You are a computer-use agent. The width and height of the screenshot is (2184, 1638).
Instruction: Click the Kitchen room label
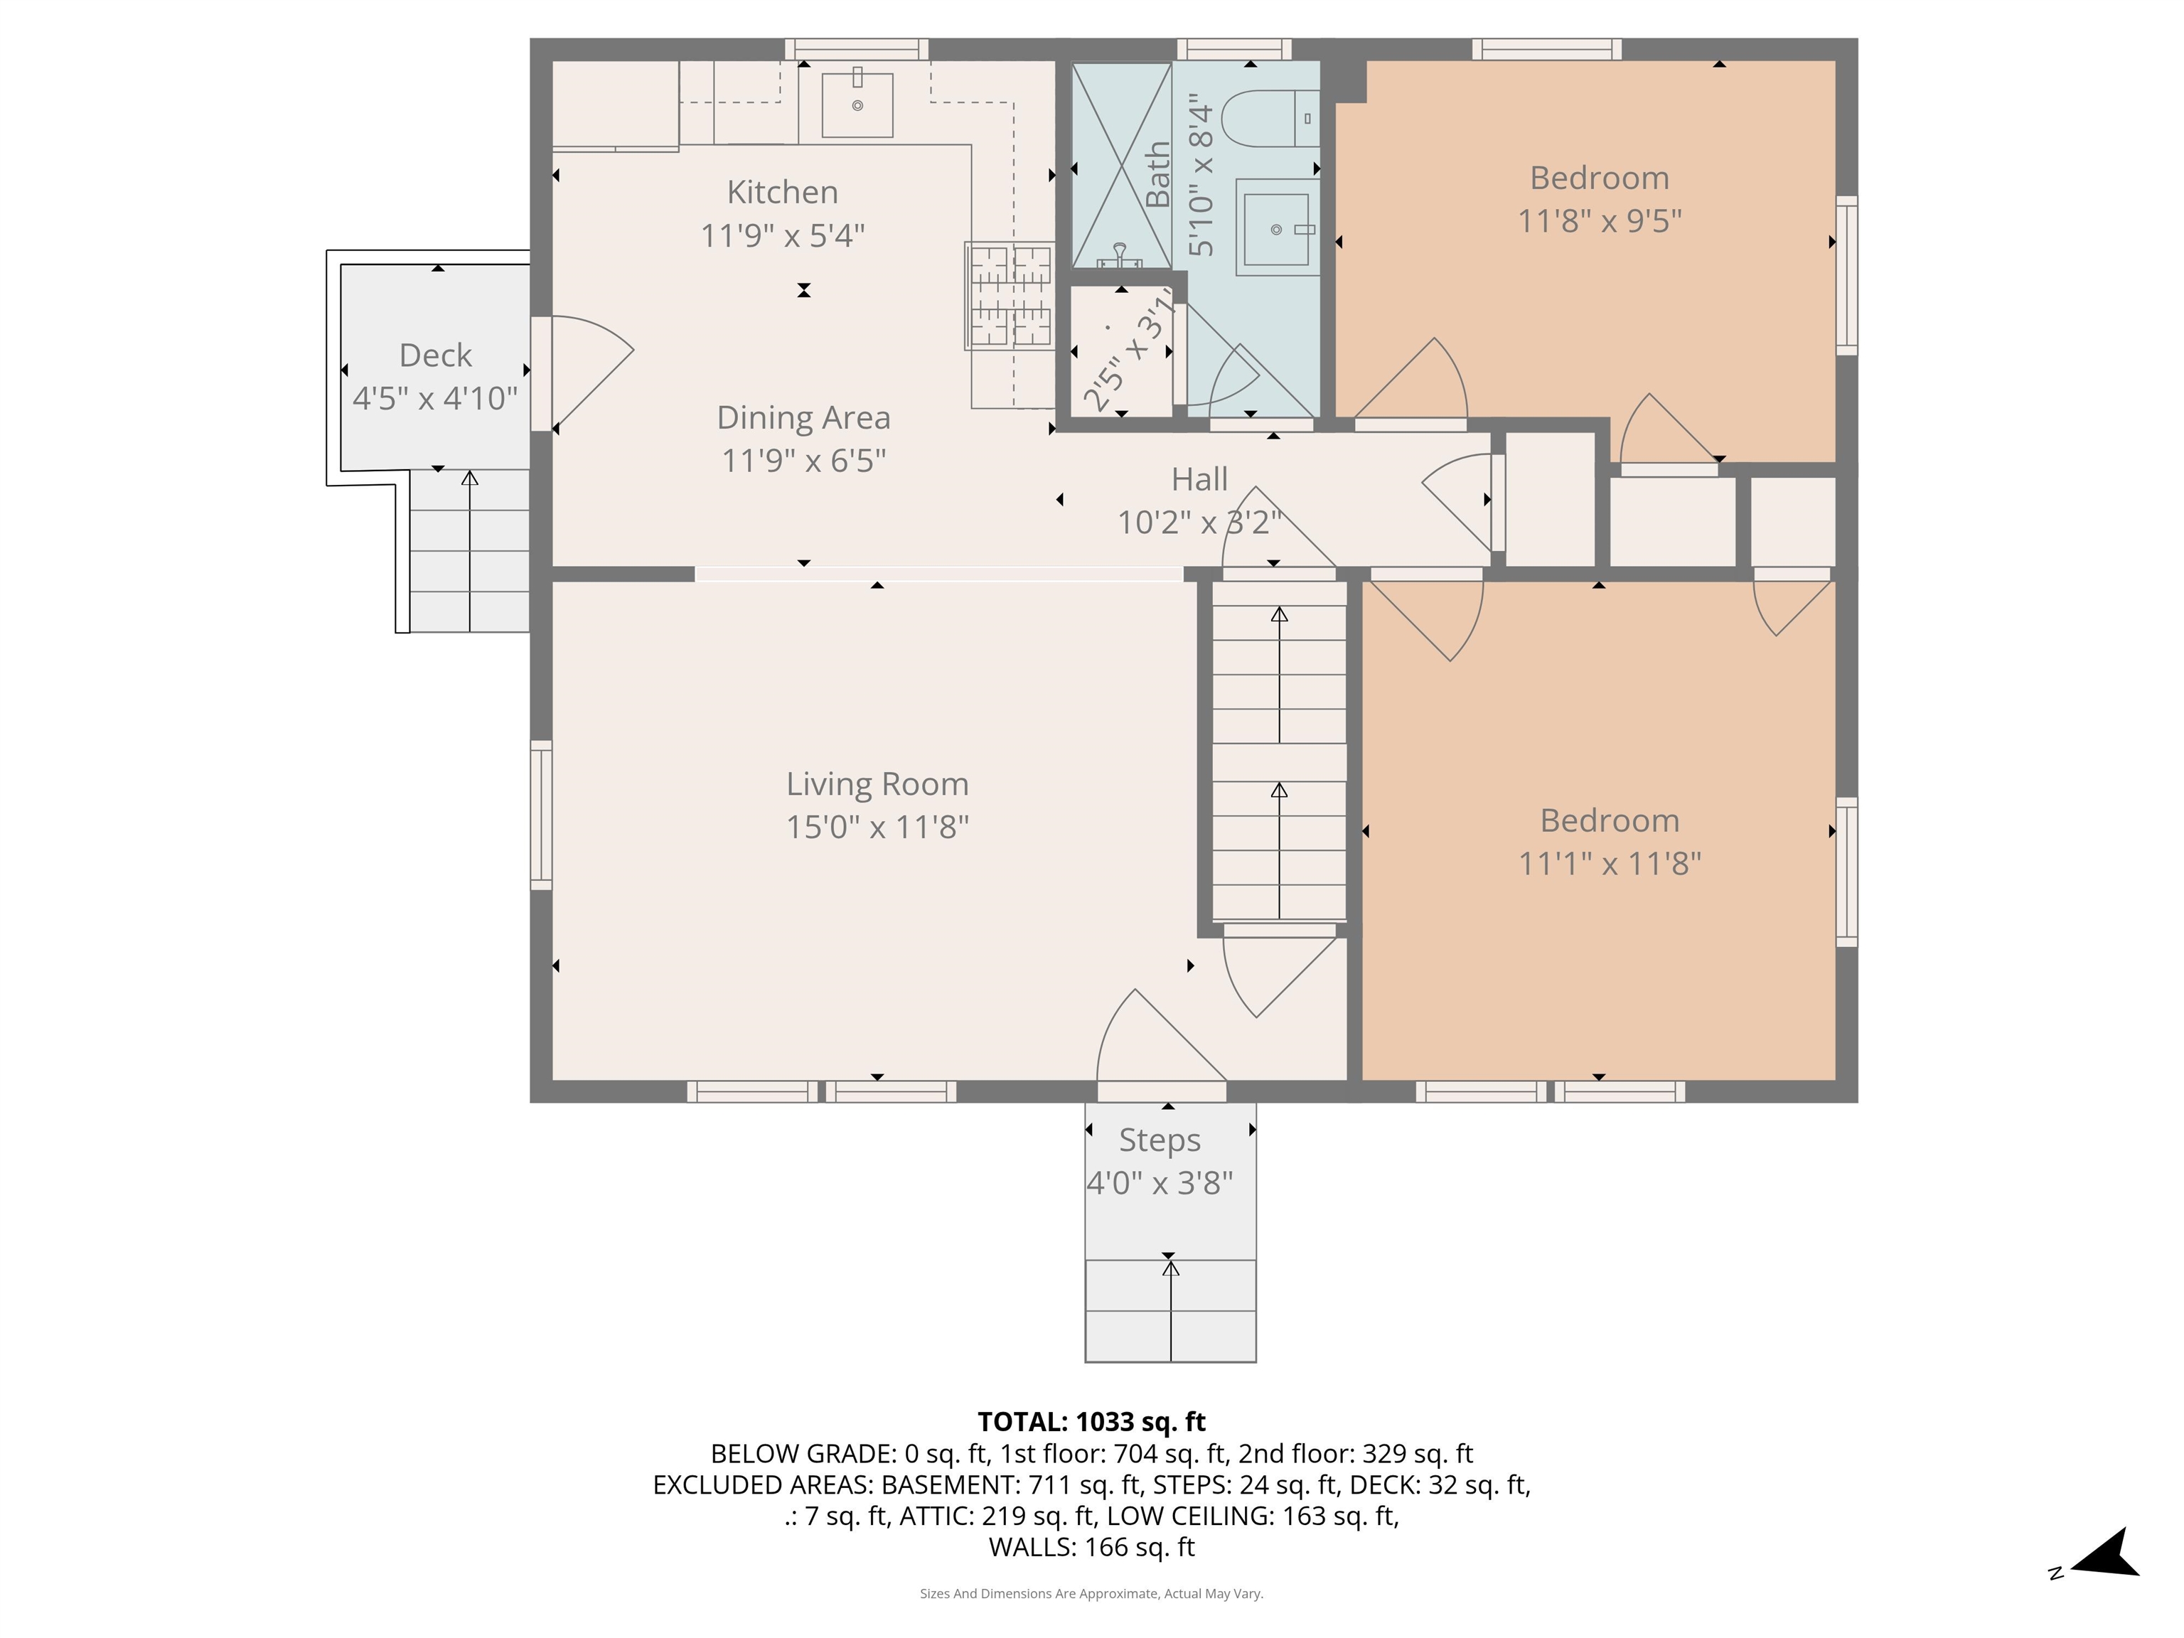click(x=782, y=191)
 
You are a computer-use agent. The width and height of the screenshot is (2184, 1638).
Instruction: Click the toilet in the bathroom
click(x=1270, y=119)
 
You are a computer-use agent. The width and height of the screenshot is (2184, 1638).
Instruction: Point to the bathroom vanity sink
click(x=1278, y=229)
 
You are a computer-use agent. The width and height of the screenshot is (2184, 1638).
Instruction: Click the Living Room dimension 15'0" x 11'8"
click(x=877, y=826)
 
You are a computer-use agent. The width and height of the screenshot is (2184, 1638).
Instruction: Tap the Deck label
click(x=435, y=355)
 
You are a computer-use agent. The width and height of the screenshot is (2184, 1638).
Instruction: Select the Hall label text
click(x=1199, y=479)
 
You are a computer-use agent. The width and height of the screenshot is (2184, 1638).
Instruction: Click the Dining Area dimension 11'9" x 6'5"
click(x=803, y=460)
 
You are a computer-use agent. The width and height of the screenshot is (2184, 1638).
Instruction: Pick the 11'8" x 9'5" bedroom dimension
click(x=1600, y=220)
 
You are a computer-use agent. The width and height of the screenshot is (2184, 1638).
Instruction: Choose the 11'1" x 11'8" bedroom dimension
click(x=1610, y=863)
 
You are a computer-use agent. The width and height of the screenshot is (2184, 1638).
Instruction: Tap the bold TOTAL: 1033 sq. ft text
click(x=1091, y=1422)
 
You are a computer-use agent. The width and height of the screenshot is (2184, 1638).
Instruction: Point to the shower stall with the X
click(x=1122, y=166)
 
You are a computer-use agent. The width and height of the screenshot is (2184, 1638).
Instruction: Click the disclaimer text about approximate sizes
click(x=1091, y=1594)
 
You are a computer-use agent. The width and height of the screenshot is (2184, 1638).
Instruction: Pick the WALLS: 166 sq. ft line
click(x=1091, y=1547)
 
